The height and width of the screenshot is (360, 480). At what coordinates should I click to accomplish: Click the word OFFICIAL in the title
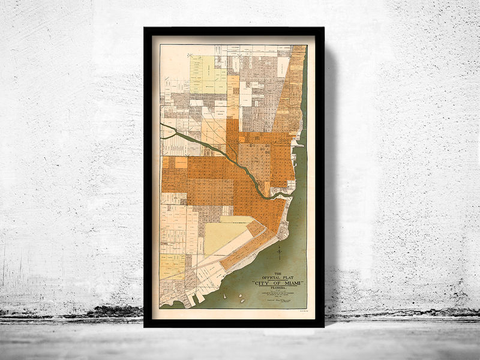pos(269,277)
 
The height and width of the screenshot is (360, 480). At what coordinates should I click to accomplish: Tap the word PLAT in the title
pos(289,277)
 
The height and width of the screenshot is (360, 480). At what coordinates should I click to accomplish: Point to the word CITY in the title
pos(263,283)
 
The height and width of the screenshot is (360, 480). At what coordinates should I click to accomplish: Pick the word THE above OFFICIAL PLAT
pos(277,273)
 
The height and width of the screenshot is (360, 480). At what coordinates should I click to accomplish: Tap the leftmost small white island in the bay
pos(225,295)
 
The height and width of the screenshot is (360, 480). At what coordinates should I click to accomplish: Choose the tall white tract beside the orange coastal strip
pos(283,67)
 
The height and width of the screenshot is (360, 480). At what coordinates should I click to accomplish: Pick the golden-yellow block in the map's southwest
pos(172,266)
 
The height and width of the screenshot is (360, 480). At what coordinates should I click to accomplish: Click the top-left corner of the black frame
pos(144,28)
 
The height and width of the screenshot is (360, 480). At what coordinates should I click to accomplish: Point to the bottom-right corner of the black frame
pos(324,326)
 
